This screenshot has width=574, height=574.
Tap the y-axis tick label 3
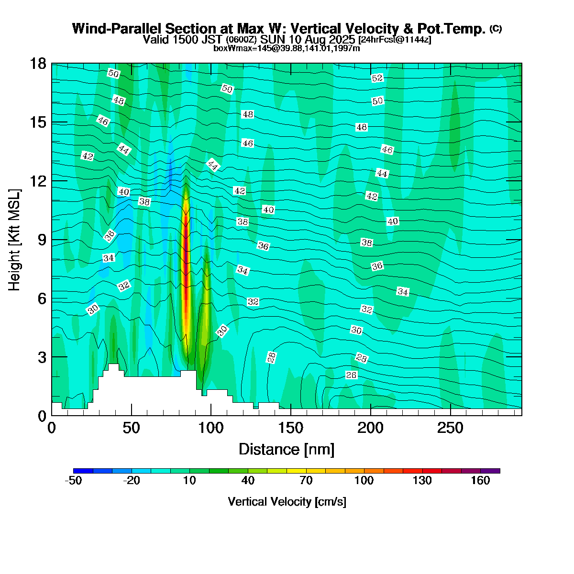pos(42,357)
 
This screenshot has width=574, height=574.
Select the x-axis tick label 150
pos(291,428)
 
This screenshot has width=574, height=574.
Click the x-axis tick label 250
pos(451,428)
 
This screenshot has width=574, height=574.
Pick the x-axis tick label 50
pos(131,428)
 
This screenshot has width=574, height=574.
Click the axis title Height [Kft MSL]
pos(15,240)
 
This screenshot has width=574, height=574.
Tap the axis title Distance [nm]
pos(286,450)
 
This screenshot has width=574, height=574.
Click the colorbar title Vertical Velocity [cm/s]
pos(287,502)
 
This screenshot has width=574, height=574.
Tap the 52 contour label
pos(377,78)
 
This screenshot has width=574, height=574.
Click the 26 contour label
pos(351,375)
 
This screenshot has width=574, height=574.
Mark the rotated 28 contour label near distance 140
pos(272,357)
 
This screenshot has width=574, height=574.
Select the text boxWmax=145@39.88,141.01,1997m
pos(287,48)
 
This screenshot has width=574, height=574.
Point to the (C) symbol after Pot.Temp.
pos(496,29)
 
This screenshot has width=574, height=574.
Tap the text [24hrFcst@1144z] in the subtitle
pos(395,40)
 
